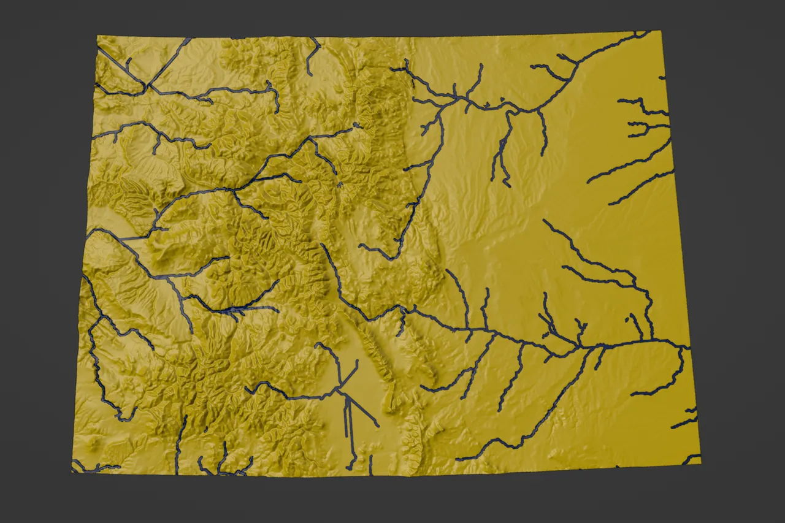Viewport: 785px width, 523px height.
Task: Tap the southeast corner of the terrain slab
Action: pyautogui.click(x=700, y=463)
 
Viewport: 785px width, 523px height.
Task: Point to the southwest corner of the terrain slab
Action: pyautogui.click(x=72, y=471)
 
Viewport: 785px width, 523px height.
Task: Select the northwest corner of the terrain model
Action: pyautogui.click(x=97, y=36)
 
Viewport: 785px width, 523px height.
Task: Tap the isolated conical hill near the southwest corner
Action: pyautogui.click(x=93, y=441)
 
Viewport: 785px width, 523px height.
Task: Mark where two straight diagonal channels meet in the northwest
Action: pyautogui.click(x=147, y=85)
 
